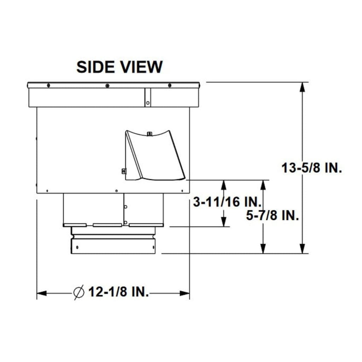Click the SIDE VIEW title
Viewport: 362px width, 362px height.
119,67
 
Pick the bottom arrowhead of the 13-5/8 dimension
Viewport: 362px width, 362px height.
303,249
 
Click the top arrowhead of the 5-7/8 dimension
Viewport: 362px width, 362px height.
263,185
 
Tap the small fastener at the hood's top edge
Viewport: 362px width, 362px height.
149,134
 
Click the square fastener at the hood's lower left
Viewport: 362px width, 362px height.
123,171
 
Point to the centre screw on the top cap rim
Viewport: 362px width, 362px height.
107,86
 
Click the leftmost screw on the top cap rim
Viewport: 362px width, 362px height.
48,86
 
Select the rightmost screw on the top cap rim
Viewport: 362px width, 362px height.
170,86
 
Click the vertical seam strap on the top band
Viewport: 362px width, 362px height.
148,98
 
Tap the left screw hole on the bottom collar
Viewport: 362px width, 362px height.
77,247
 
